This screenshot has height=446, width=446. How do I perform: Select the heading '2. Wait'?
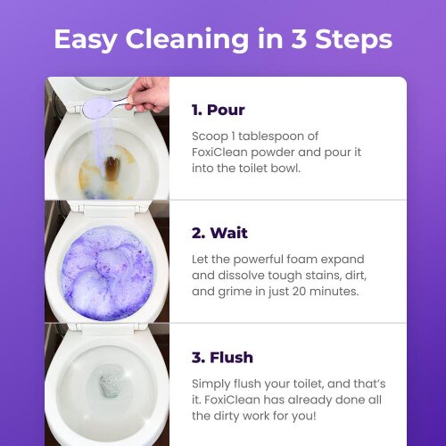pyautogui.click(x=219, y=233)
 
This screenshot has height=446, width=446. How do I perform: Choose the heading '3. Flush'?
pyautogui.click(x=222, y=356)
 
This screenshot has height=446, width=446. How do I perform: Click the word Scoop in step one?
pyautogui.click(x=211, y=136)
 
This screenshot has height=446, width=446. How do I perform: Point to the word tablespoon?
pyautogui.click(x=285, y=136)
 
